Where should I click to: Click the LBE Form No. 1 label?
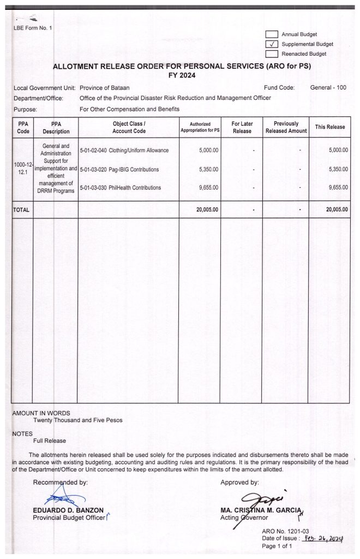(x=33, y=28)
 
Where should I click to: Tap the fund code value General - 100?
(x=328, y=87)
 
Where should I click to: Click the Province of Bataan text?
(x=105, y=87)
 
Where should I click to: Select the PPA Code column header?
(x=22, y=127)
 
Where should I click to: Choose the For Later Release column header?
(x=242, y=127)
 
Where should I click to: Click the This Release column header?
(x=329, y=127)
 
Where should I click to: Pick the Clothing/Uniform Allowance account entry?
(x=124, y=150)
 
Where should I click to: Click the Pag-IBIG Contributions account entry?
(x=119, y=169)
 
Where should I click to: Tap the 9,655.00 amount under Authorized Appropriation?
(x=207, y=188)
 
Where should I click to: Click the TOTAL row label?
(x=21, y=209)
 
